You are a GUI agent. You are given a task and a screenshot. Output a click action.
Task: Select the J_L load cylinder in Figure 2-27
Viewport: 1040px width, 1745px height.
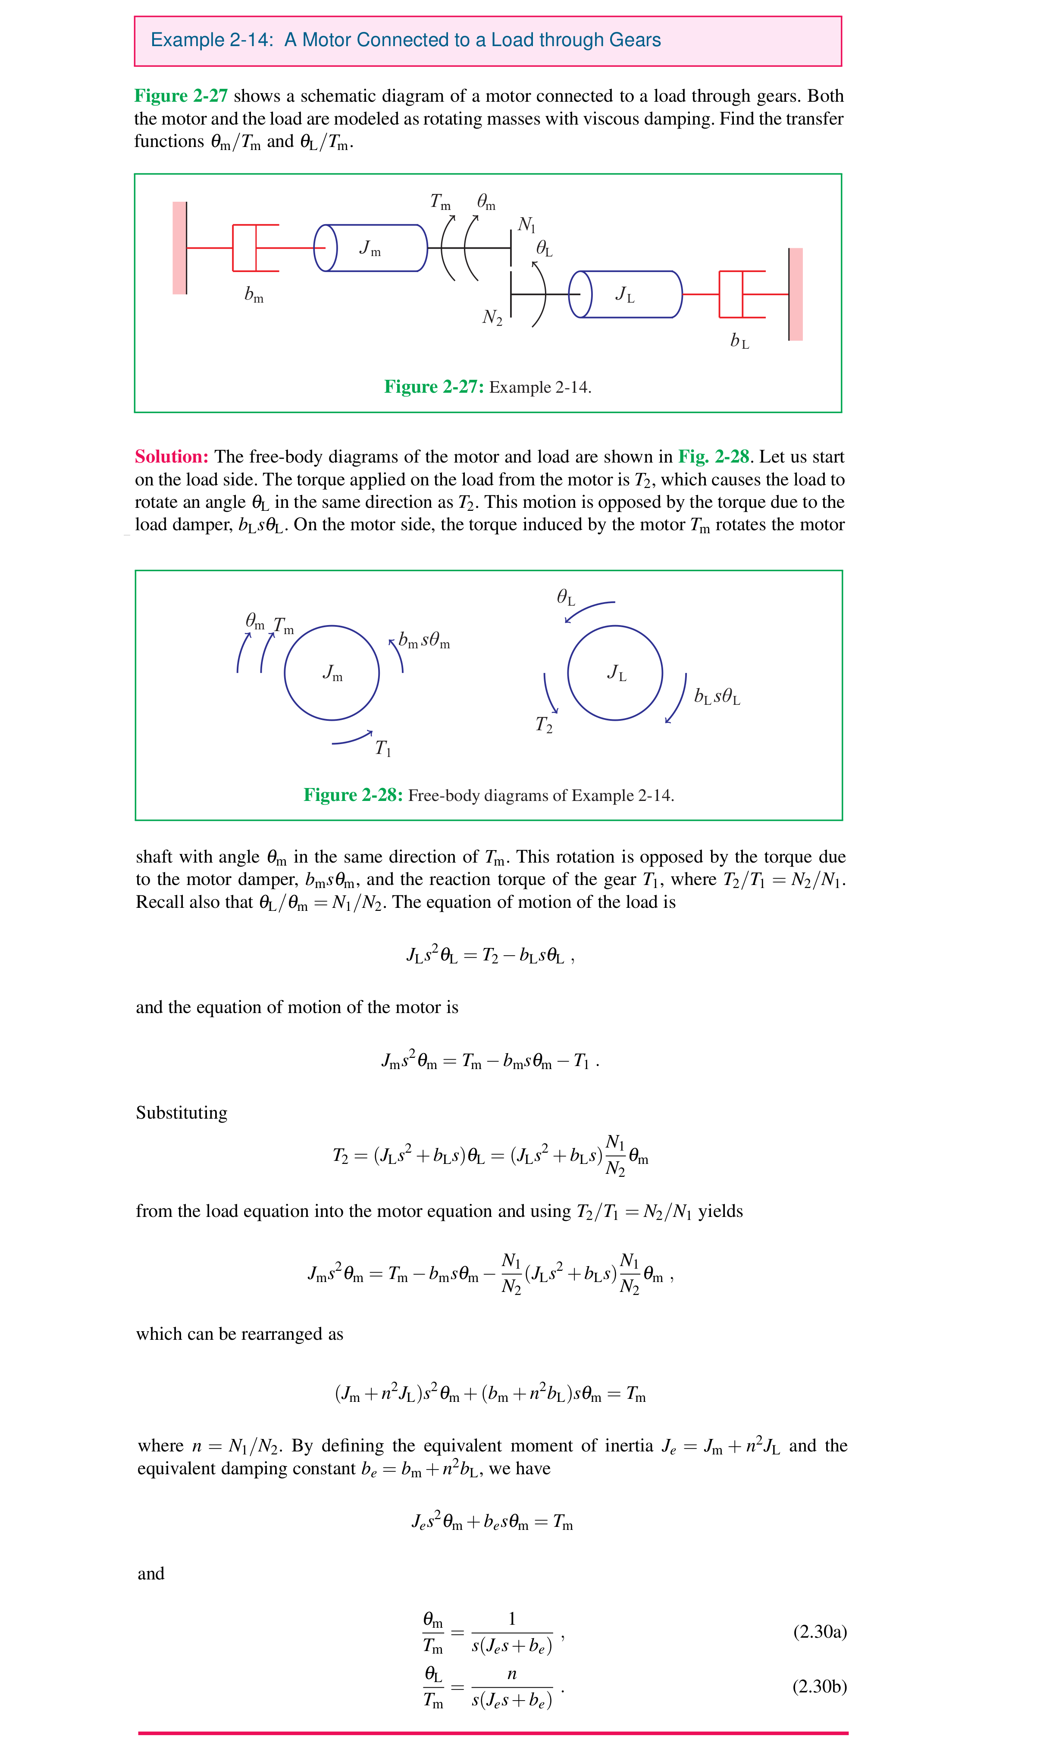(625, 294)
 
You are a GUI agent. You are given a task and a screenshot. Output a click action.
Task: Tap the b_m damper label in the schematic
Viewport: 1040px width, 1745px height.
(254, 295)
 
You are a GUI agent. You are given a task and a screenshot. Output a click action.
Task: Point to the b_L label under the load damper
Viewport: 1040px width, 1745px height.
(739, 341)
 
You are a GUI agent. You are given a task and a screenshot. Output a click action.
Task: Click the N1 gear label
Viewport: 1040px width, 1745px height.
(526, 225)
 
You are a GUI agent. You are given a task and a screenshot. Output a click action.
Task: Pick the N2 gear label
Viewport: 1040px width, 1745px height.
(492, 317)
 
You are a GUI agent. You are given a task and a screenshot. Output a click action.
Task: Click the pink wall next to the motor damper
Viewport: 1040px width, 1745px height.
(179, 248)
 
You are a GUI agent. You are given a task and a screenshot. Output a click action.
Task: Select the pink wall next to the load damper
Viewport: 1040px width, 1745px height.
(796, 294)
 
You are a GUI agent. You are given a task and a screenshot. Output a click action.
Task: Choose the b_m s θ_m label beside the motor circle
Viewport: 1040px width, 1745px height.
(424, 640)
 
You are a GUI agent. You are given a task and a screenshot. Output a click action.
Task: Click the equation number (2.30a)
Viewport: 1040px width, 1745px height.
(819, 1632)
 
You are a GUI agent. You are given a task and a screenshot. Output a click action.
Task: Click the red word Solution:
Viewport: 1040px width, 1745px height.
(172, 457)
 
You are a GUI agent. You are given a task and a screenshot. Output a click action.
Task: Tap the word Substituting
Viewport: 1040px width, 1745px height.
(182, 1113)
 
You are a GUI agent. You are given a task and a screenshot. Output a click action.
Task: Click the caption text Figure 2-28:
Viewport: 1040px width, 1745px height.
(353, 795)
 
